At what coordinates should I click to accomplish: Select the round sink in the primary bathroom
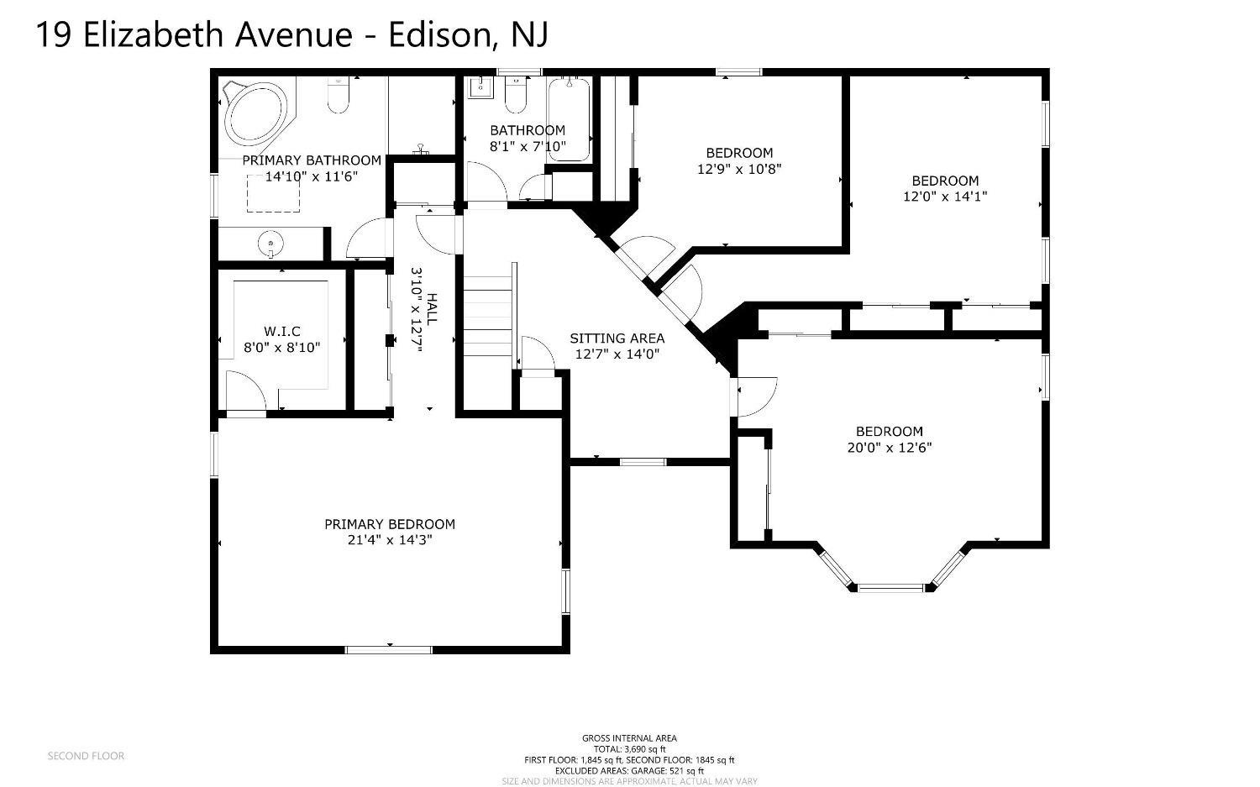point(270,244)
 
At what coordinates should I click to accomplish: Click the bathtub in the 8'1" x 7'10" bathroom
point(569,118)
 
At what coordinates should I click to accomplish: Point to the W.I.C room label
point(281,332)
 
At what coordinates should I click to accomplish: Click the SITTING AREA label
point(617,338)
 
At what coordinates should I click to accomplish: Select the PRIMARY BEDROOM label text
point(390,524)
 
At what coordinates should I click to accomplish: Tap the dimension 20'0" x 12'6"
point(889,448)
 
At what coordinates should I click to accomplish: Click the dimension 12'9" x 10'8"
point(739,169)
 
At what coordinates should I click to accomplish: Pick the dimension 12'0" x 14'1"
point(945,197)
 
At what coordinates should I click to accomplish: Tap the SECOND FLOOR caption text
point(86,756)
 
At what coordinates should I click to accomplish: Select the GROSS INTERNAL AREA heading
point(629,738)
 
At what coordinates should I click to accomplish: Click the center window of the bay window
point(890,587)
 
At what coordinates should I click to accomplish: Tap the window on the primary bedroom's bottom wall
point(389,648)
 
